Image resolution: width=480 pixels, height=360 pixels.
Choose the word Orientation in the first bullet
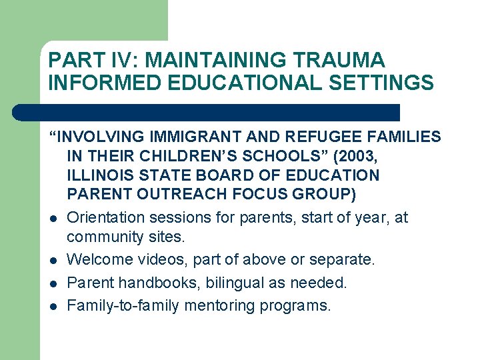coord(106,218)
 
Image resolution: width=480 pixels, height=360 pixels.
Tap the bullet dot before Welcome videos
coord(52,261)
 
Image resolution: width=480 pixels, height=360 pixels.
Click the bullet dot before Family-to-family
coord(52,307)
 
